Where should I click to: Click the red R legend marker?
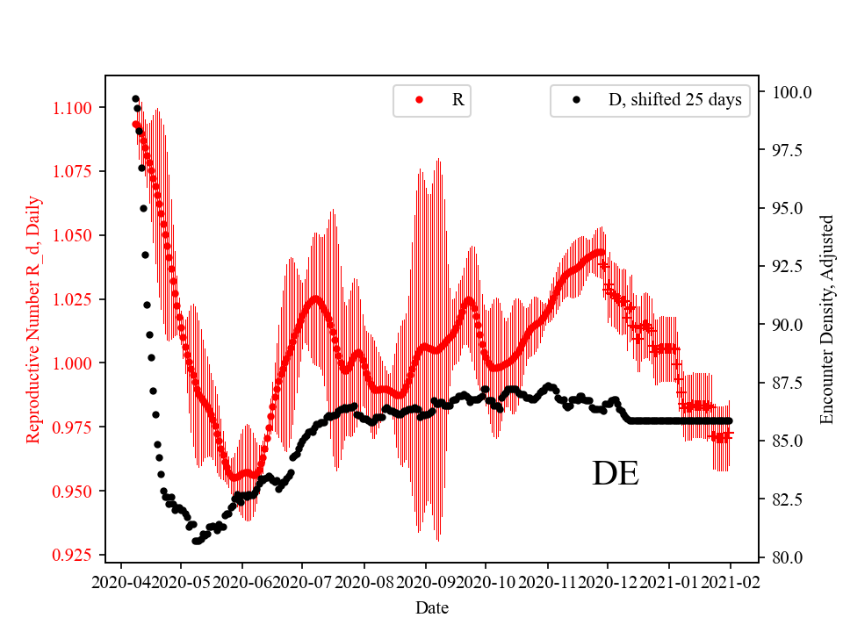tap(419, 100)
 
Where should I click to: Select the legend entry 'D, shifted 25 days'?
tap(674, 100)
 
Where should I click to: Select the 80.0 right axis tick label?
tap(788, 557)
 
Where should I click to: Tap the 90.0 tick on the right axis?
tap(788, 325)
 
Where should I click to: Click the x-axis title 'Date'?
tap(430, 607)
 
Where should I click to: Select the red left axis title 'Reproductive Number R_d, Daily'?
tap(32, 318)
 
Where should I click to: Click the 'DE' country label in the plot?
tap(615, 474)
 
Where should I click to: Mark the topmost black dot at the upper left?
tap(135, 98)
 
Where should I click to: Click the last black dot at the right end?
tap(729, 421)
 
